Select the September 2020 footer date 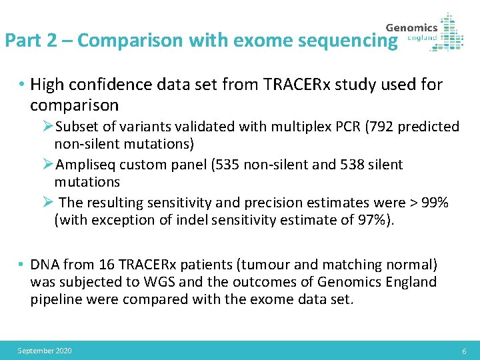coord(45,351)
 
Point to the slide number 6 coord(464,351)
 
